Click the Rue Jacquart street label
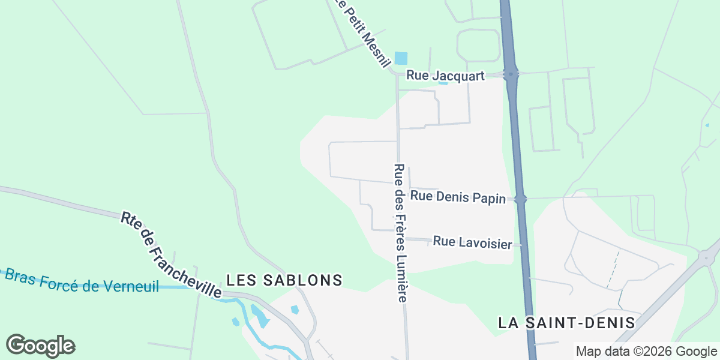445,76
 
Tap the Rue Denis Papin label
458,197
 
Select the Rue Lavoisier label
472,242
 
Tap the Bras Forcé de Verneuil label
82,281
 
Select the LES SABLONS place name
284,280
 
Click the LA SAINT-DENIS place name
566,322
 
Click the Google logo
40,346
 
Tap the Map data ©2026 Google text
646,352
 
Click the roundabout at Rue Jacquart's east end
511,74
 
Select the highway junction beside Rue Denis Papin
520,199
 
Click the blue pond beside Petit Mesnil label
401,59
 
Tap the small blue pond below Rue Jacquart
443,82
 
